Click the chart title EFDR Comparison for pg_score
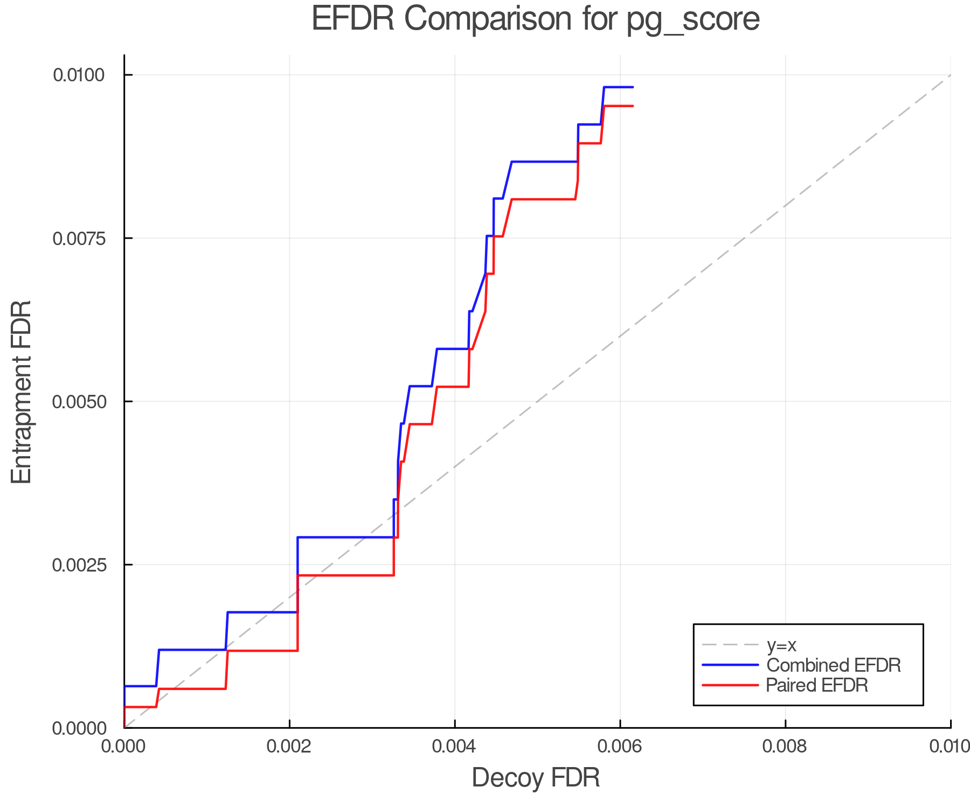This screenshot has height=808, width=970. tap(536, 19)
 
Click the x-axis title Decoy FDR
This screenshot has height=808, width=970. tap(536, 778)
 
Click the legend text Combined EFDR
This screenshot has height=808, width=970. tap(833, 665)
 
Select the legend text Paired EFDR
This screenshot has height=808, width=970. tap(817, 685)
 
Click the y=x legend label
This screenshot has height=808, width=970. tap(781, 645)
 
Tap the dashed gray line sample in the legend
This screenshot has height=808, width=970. tap(730, 645)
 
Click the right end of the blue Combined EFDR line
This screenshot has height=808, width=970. tap(633, 87)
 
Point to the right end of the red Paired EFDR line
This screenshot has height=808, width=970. tap(633, 106)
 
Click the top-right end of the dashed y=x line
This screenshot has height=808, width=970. tap(950, 75)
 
